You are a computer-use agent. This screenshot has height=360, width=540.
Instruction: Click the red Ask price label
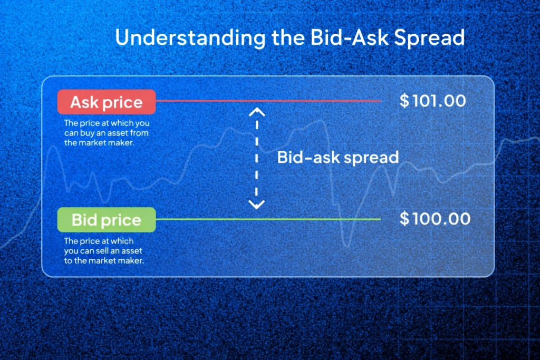click(x=107, y=102)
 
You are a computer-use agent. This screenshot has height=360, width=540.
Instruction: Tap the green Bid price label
click(x=107, y=220)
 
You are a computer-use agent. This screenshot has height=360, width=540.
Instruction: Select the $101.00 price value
click(x=432, y=101)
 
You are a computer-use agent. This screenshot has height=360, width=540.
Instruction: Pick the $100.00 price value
click(x=435, y=218)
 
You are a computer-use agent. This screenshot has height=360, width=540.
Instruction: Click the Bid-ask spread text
click(x=337, y=158)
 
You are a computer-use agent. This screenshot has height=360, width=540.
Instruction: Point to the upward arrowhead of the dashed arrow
click(x=256, y=111)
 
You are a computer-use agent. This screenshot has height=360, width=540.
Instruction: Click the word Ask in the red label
click(x=84, y=102)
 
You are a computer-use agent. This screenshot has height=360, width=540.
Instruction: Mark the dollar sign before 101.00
click(x=404, y=101)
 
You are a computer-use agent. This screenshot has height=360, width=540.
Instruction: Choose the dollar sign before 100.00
click(x=404, y=218)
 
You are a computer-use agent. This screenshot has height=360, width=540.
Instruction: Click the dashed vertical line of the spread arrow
click(x=256, y=158)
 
